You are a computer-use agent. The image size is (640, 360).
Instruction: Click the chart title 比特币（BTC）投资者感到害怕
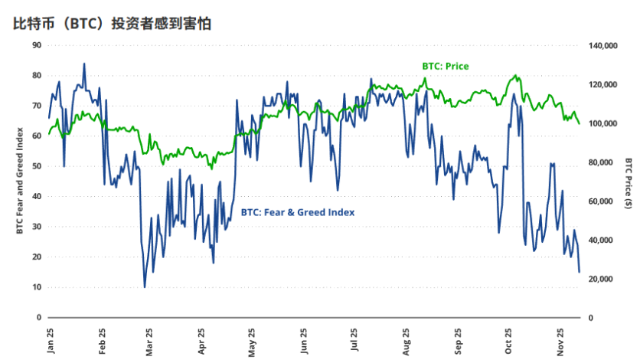click(113, 23)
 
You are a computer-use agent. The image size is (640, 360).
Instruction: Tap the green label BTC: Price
click(445, 67)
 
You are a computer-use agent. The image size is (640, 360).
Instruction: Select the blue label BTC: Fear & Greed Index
click(298, 211)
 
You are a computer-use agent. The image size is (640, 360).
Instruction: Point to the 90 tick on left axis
click(37, 45)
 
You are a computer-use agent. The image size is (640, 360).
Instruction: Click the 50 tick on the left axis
click(37, 166)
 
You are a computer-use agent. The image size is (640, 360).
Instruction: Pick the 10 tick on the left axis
click(37, 287)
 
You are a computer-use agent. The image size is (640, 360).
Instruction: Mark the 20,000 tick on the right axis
click(605, 279)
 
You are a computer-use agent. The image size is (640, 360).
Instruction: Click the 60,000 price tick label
click(605, 201)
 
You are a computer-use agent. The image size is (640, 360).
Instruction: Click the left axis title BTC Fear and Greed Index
click(19, 181)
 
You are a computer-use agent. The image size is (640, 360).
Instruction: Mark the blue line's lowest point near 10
click(145, 287)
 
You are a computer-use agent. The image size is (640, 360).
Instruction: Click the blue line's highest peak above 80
click(84, 64)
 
